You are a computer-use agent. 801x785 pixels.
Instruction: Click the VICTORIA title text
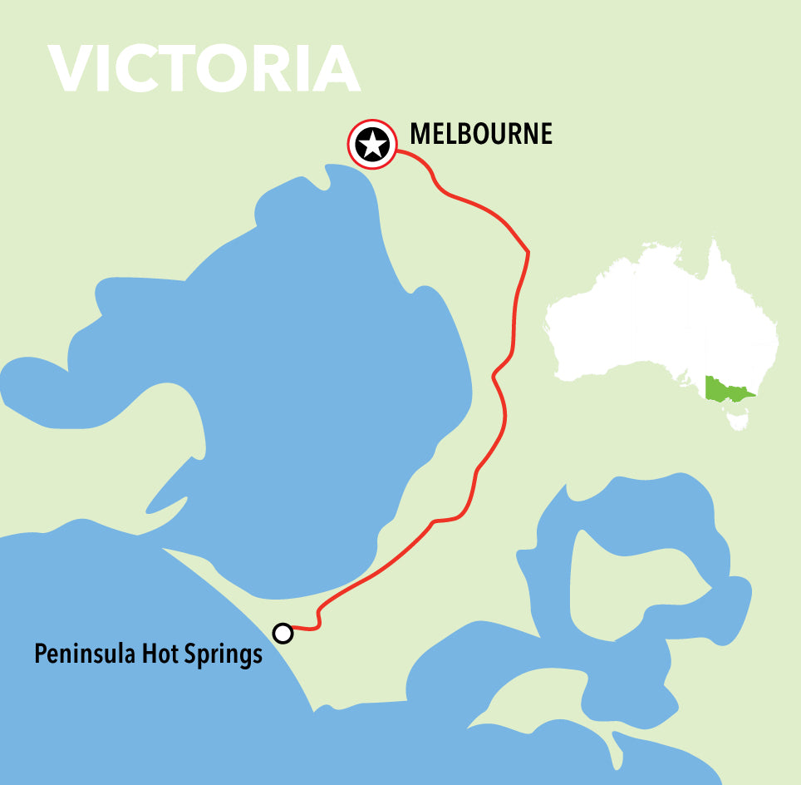(204, 69)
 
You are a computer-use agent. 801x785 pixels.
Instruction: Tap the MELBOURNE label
(481, 134)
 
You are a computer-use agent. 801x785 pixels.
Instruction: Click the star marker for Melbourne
(371, 145)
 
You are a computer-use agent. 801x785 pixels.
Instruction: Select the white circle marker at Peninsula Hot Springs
(283, 634)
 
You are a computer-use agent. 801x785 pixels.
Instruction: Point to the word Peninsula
(84, 655)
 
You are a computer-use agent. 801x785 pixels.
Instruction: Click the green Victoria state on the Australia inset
(725, 388)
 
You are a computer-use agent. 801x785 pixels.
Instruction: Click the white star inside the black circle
(371, 145)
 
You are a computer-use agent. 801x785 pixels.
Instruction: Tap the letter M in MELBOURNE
(420, 134)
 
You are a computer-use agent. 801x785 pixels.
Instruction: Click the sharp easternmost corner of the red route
(528, 252)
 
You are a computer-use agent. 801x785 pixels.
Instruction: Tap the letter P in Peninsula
(40, 654)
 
